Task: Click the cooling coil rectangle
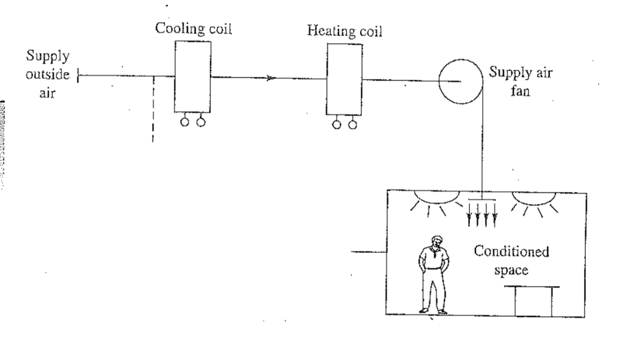[193, 75]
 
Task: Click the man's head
[434, 244]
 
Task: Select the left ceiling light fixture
[428, 199]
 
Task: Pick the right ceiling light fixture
[534, 199]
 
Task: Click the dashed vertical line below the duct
[153, 109]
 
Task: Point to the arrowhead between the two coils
[272, 78]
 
